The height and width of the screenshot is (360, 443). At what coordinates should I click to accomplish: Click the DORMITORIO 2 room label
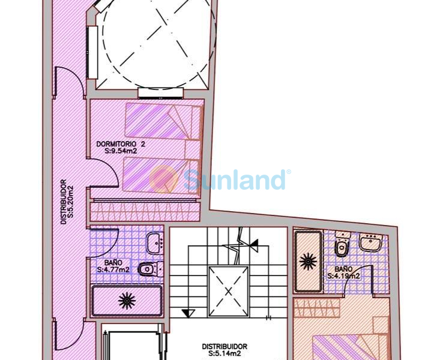pyautogui.click(x=121, y=144)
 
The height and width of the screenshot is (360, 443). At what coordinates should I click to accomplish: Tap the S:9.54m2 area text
pyautogui.click(x=121, y=151)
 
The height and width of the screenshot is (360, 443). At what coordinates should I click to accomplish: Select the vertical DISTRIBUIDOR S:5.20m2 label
pyautogui.click(x=67, y=202)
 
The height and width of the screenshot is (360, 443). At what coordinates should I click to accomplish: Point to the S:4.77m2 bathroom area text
pyautogui.click(x=113, y=269)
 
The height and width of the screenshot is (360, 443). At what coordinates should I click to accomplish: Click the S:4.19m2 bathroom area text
pyautogui.click(x=344, y=276)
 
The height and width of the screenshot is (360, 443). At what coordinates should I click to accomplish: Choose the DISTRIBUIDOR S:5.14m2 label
pyautogui.click(x=225, y=350)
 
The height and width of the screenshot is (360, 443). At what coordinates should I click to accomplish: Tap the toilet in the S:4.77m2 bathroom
pyautogui.click(x=150, y=269)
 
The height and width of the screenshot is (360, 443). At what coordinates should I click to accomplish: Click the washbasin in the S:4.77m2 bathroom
pyautogui.click(x=155, y=243)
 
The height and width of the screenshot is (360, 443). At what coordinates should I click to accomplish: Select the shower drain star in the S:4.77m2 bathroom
pyautogui.click(x=127, y=301)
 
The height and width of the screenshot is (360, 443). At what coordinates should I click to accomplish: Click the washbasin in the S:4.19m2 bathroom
pyautogui.click(x=370, y=242)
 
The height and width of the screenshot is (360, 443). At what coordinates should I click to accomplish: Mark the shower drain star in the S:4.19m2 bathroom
pyautogui.click(x=308, y=262)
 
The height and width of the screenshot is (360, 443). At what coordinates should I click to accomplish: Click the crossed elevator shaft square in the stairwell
pyautogui.click(x=228, y=292)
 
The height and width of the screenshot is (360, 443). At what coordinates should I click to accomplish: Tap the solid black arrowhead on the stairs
pyautogui.click(x=255, y=245)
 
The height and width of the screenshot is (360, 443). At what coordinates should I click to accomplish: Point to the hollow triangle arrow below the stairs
pyautogui.click(x=188, y=313)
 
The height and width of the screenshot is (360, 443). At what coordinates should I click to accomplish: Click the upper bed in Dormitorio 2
pyautogui.click(x=163, y=121)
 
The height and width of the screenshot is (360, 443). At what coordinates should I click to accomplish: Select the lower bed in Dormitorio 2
pyautogui.click(x=161, y=176)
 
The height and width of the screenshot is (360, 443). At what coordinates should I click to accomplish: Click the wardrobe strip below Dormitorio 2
pyautogui.click(x=145, y=212)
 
